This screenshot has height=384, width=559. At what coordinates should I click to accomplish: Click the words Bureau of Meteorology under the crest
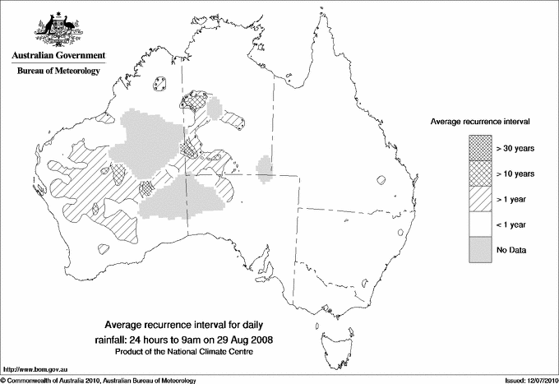pyautogui.click(x=58, y=72)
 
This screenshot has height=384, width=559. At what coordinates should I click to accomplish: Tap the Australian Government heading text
pyautogui.click(x=58, y=55)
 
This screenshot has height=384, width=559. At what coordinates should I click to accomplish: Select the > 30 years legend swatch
pyautogui.click(x=480, y=148)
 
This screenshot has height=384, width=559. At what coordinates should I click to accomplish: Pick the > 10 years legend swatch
pyautogui.click(x=480, y=173)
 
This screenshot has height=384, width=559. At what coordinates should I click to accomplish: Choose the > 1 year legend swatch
pyautogui.click(x=480, y=199)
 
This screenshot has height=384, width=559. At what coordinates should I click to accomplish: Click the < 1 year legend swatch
pyautogui.click(x=480, y=224)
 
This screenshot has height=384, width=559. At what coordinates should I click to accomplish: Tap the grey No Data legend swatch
pyautogui.click(x=480, y=250)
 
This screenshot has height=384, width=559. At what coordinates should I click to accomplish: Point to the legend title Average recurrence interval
pyautogui.click(x=480, y=121)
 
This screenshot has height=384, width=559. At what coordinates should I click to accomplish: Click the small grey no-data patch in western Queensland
pyautogui.click(x=265, y=167)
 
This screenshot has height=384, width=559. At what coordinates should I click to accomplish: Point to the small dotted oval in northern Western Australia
pyautogui.click(x=160, y=84)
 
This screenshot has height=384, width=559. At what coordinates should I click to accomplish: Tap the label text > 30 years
pyautogui.click(x=515, y=148)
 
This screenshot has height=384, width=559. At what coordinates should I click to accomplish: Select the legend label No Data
pyautogui.click(x=510, y=250)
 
